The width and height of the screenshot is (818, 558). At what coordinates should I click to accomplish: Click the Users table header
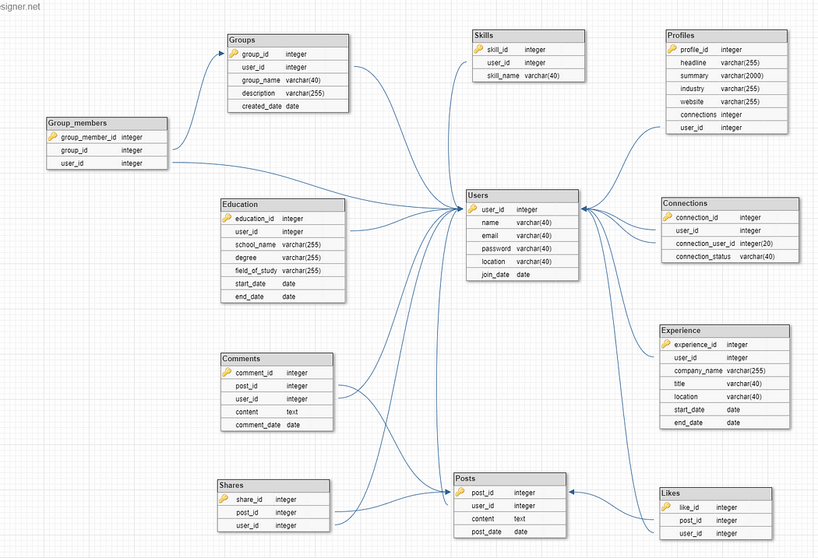[522, 195]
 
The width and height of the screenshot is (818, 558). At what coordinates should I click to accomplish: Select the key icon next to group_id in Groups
[234, 54]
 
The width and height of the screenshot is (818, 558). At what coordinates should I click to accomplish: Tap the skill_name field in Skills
[503, 75]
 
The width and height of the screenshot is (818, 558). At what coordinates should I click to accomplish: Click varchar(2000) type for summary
[742, 75]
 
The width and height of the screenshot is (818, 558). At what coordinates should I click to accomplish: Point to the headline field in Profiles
[693, 62]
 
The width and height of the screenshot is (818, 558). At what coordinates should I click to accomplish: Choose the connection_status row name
[703, 256]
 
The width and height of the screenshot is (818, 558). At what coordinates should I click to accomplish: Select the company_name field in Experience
[698, 370]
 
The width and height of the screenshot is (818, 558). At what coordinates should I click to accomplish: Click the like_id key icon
[666, 507]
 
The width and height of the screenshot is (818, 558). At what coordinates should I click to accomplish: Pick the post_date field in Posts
[487, 532]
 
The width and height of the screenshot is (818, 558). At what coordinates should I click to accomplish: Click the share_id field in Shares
[249, 500]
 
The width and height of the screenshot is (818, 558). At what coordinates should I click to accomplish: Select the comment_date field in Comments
[258, 425]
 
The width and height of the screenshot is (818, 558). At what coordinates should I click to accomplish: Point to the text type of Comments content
[292, 412]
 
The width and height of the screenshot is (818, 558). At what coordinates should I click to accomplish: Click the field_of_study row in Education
[256, 271]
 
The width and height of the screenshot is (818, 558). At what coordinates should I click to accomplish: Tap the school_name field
[256, 244]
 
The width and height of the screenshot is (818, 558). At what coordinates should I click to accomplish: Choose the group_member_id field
[88, 137]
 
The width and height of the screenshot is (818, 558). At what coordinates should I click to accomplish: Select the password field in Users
[496, 248]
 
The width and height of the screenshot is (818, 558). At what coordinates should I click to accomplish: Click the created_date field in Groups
[262, 106]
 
